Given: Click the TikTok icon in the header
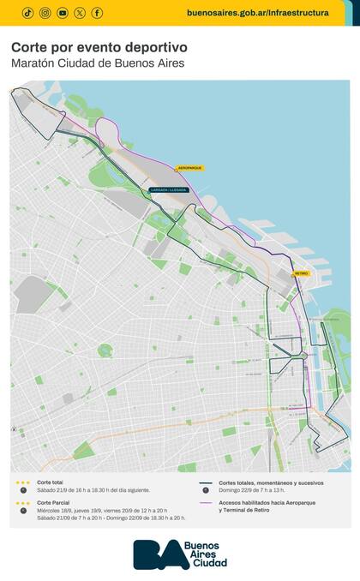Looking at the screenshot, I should pos(27,13).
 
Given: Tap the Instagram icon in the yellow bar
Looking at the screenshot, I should pos(45,13).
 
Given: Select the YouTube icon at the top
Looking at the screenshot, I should pos(63,13).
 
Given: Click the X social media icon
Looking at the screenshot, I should pos(80,13).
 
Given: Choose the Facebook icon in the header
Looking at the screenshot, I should pos(97,13).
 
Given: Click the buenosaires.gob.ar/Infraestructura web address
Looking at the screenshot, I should pos(257,13).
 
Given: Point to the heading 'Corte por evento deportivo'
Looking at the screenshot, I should pos(99,48).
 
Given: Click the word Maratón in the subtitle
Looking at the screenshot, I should pos(33,63).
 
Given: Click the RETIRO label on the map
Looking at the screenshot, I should pos(300,273).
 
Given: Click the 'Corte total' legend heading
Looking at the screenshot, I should pos(51,482).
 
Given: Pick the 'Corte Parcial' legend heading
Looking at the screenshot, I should pos(53,503).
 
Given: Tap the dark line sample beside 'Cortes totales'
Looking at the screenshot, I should pos(206,482).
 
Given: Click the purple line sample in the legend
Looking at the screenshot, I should pos(206,503).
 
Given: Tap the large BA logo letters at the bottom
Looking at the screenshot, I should pos(160,554).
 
